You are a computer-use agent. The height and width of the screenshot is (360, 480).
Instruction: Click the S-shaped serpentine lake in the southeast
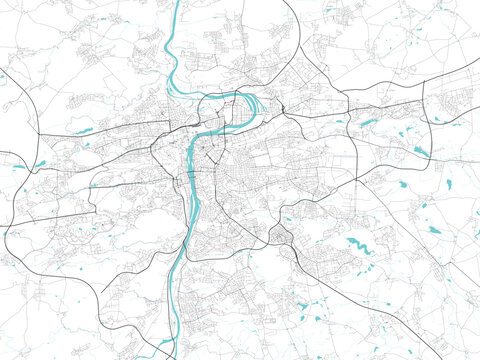357,243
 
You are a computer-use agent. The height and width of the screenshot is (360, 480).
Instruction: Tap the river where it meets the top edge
176,3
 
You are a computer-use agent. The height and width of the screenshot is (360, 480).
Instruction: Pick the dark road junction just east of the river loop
282,108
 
